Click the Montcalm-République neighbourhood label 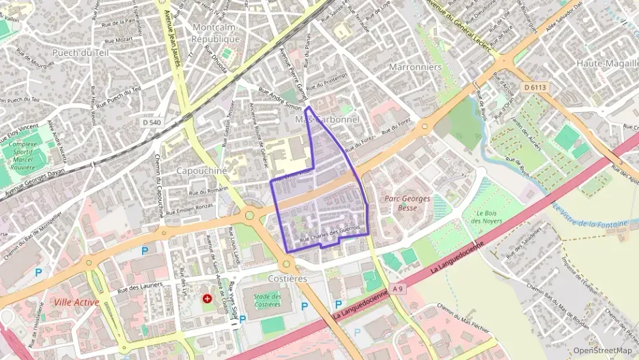coord(216,33)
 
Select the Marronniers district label coord(415,67)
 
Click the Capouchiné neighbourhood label coord(201,170)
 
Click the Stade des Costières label coord(267,300)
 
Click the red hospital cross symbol coord(207,299)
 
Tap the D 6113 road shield coord(536,87)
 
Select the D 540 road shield coord(154,122)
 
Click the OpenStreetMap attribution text coord(602,350)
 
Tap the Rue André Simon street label coord(280,99)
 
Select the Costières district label coord(287,279)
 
